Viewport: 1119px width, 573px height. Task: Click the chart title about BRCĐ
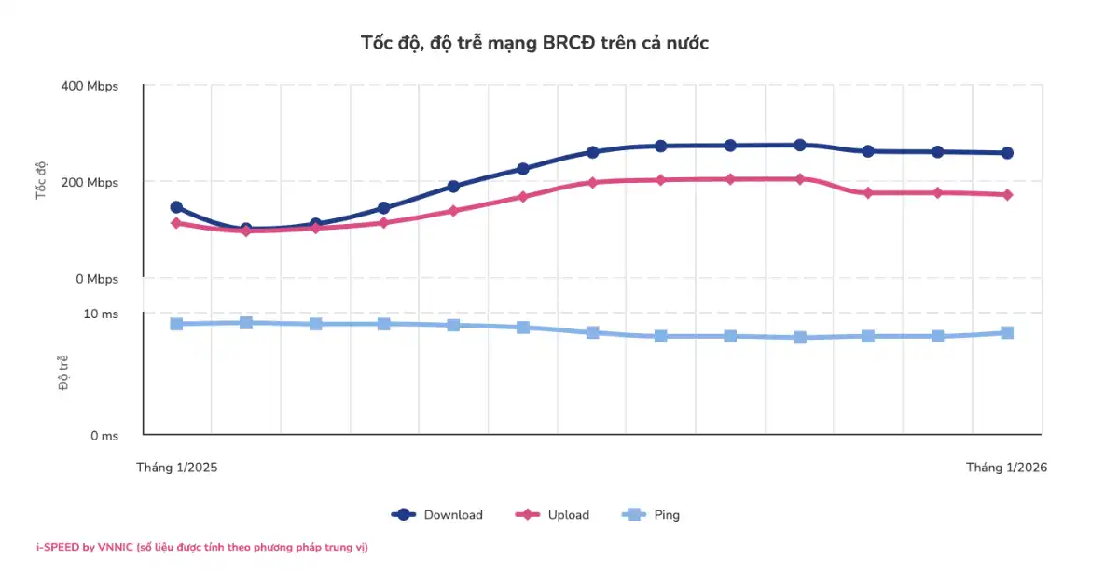point(534,43)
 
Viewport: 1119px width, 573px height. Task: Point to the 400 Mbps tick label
point(90,87)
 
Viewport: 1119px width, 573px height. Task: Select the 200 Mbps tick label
point(90,183)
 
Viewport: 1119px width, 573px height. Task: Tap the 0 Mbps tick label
point(96,279)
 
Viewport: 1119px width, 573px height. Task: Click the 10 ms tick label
point(102,314)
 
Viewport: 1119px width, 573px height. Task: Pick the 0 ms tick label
point(104,436)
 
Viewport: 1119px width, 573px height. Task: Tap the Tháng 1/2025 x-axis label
point(177,468)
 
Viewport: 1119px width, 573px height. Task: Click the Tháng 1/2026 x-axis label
point(1006,468)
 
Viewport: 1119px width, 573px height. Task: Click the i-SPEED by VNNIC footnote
point(201,548)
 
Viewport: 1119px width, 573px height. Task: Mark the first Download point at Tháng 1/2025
point(176,207)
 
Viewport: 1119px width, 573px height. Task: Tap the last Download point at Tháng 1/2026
point(1007,153)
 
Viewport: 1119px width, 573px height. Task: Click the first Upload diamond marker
point(176,223)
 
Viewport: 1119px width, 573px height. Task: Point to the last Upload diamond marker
point(1007,195)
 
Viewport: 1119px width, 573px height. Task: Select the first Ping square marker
point(176,324)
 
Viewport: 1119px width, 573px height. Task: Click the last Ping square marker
point(1007,333)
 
